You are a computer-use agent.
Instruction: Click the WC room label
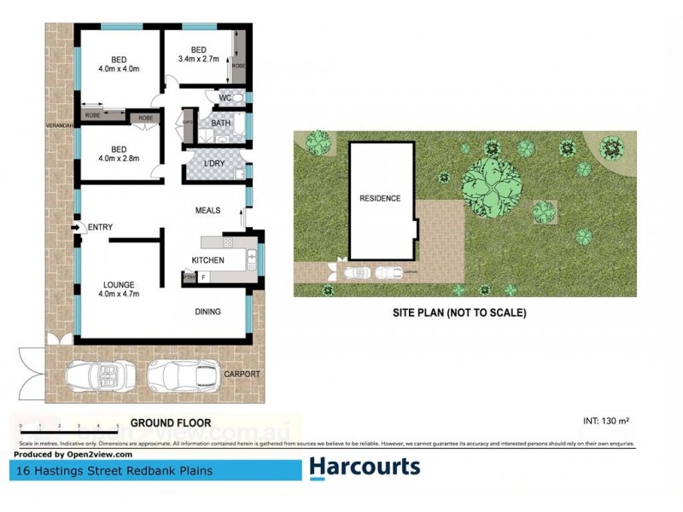(x=225, y=99)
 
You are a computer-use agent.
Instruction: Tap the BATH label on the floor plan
(x=221, y=125)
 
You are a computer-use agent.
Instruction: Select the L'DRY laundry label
(x=214, y=164)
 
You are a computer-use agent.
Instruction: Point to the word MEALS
(x=208, y=210)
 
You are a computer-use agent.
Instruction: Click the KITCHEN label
(x=207, y=260)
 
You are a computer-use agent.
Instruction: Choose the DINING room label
(x=207, y=311)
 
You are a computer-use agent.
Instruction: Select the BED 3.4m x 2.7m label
(x=199, y=55)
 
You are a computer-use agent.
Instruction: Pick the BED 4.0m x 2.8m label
(x=118, y=153)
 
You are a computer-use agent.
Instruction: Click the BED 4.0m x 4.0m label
(x=118, y=63)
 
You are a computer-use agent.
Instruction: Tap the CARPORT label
(x=242, y=375)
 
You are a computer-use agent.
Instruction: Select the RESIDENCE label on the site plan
(x=379, y=198)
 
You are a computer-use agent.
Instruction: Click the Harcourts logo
(x=365, y=467)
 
